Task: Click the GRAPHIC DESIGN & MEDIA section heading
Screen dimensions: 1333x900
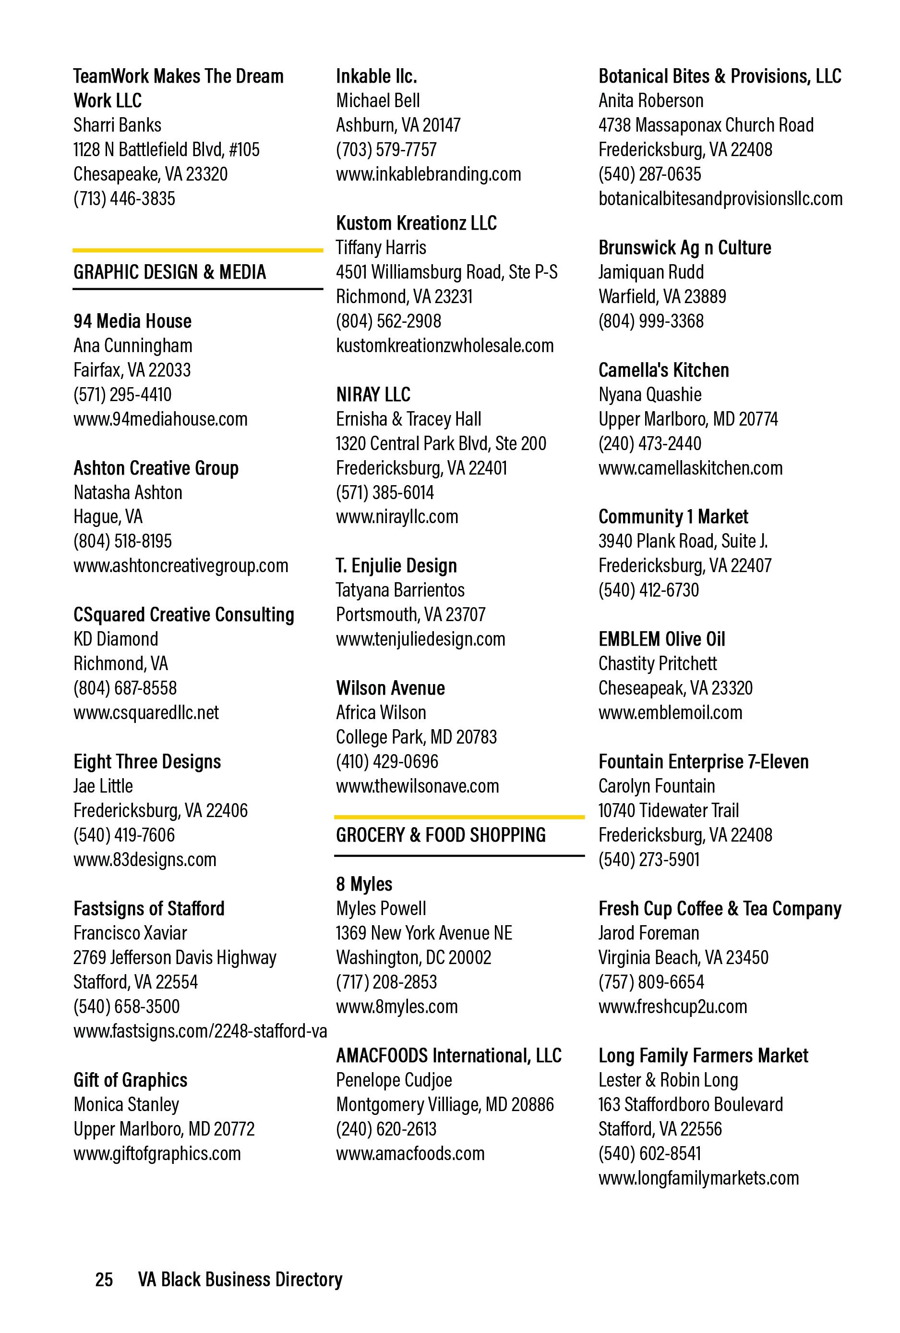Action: click(x=170, y=272)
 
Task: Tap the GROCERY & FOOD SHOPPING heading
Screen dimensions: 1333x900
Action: click(x=440, y=835)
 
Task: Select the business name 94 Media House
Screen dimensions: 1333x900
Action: click(x=132, y=321)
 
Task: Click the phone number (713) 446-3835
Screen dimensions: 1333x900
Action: click(x=124, y=198)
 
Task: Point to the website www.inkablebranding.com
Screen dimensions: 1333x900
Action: click(x=428, y=174)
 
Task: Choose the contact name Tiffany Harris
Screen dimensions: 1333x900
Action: click(x=381, y=248)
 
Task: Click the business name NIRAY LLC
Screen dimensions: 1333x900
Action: click(x=373, y=395)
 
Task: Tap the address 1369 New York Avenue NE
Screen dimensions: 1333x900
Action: click(x=424, y=933)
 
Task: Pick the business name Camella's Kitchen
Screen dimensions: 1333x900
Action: click(x=663, y=370)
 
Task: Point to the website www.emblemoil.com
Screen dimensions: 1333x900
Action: click(x=670, y=712)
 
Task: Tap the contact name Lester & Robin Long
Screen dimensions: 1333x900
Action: click(x=668, y=1080)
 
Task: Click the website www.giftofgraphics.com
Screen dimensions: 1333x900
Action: click(x=157, y=1153)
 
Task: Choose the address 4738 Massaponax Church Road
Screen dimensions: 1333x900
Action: click(x=706, y=125)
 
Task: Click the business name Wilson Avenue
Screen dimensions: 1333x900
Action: click(x=390, y=688)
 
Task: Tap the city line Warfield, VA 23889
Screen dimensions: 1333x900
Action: click(x=662, y=296)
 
